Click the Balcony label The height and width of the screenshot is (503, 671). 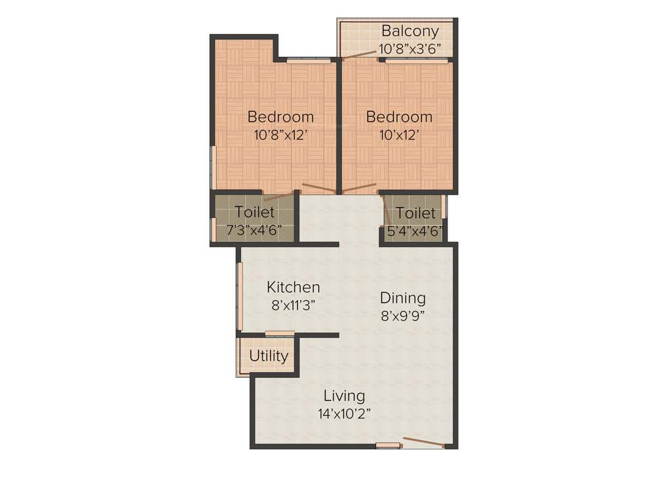point(410,31)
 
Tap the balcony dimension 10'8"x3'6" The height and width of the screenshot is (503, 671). point(410,48)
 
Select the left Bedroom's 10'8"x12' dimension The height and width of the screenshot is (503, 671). point(280,136)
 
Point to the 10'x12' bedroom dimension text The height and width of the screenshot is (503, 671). point(399,136)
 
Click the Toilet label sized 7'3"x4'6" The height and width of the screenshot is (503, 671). point(254,213)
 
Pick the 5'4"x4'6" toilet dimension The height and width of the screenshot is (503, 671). point(415,231)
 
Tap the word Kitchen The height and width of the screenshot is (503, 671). point(294,287)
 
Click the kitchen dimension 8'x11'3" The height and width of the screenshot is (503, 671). point(294,305)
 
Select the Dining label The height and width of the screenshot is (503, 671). point(403,298)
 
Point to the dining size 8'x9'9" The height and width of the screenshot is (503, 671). point(403,315)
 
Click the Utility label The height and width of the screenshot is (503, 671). point(269,356)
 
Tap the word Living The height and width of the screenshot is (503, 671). point(345,396)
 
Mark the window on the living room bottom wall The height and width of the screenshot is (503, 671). point(388,446)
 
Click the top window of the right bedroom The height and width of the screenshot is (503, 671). point(417,61)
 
